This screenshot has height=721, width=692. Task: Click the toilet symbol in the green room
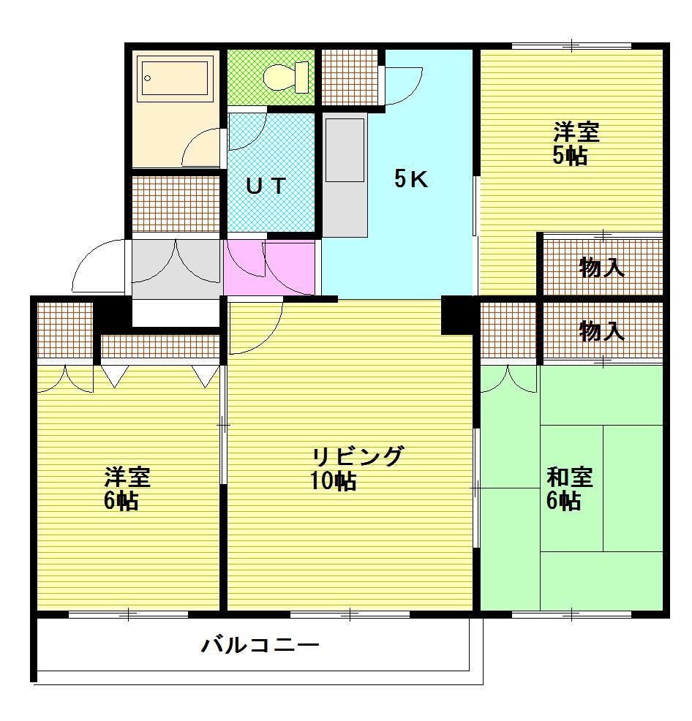pos(287,78)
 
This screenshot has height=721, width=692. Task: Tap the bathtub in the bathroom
pos(177,78)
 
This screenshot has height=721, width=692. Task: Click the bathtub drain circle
pos(147,78)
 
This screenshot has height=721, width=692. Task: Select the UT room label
pos(266,186)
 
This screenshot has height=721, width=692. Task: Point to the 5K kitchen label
pos(411,179)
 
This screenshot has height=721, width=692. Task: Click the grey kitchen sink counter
pos(345,175)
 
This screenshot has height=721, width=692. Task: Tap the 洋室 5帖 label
pos(575,143)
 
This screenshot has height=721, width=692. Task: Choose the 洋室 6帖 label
pos(127,488)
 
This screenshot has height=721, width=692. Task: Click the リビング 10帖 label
pos(356,468)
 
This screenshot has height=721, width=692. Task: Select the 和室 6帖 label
pos(569,488)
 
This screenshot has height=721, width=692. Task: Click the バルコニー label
pos(260,645)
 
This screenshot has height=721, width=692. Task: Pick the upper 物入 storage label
pos(601,267)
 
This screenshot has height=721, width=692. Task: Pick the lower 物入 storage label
pos(601,331)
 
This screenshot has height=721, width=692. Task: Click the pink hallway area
pos(270,267)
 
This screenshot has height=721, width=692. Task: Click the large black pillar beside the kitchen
pos(457,315)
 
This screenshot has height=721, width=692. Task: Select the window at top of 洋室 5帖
pos(571,45)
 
